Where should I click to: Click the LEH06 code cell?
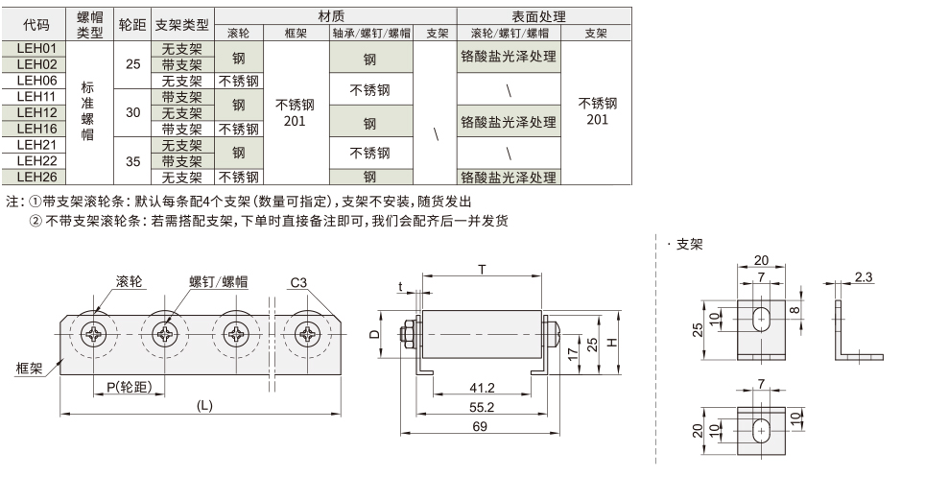(37, 80)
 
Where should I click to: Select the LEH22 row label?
(37, 160)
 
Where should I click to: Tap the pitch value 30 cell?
(132, 112)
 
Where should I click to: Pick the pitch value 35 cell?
(132, 160)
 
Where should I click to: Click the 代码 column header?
(37, 25)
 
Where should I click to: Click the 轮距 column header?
(132, 25)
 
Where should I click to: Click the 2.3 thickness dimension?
(862, 277)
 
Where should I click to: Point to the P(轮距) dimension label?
(127, 387)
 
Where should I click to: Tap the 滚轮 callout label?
(130, 281)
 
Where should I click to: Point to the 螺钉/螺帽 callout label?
(219, 281)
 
